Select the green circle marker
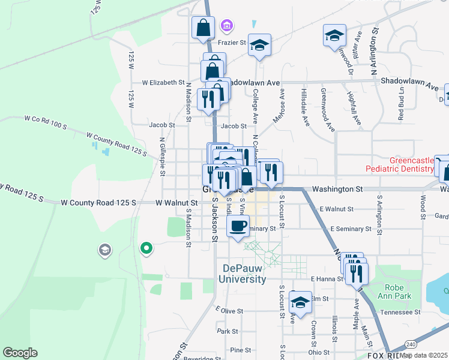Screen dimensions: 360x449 145,247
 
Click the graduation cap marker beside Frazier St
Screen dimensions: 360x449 260,45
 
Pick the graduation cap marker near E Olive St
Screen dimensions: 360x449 300,302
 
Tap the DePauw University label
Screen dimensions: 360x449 244,274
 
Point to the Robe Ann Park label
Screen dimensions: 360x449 395,292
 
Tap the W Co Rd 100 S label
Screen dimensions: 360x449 45,122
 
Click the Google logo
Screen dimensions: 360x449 20,353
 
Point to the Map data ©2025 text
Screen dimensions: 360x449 424,355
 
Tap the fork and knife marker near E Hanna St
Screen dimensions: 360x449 358,273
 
